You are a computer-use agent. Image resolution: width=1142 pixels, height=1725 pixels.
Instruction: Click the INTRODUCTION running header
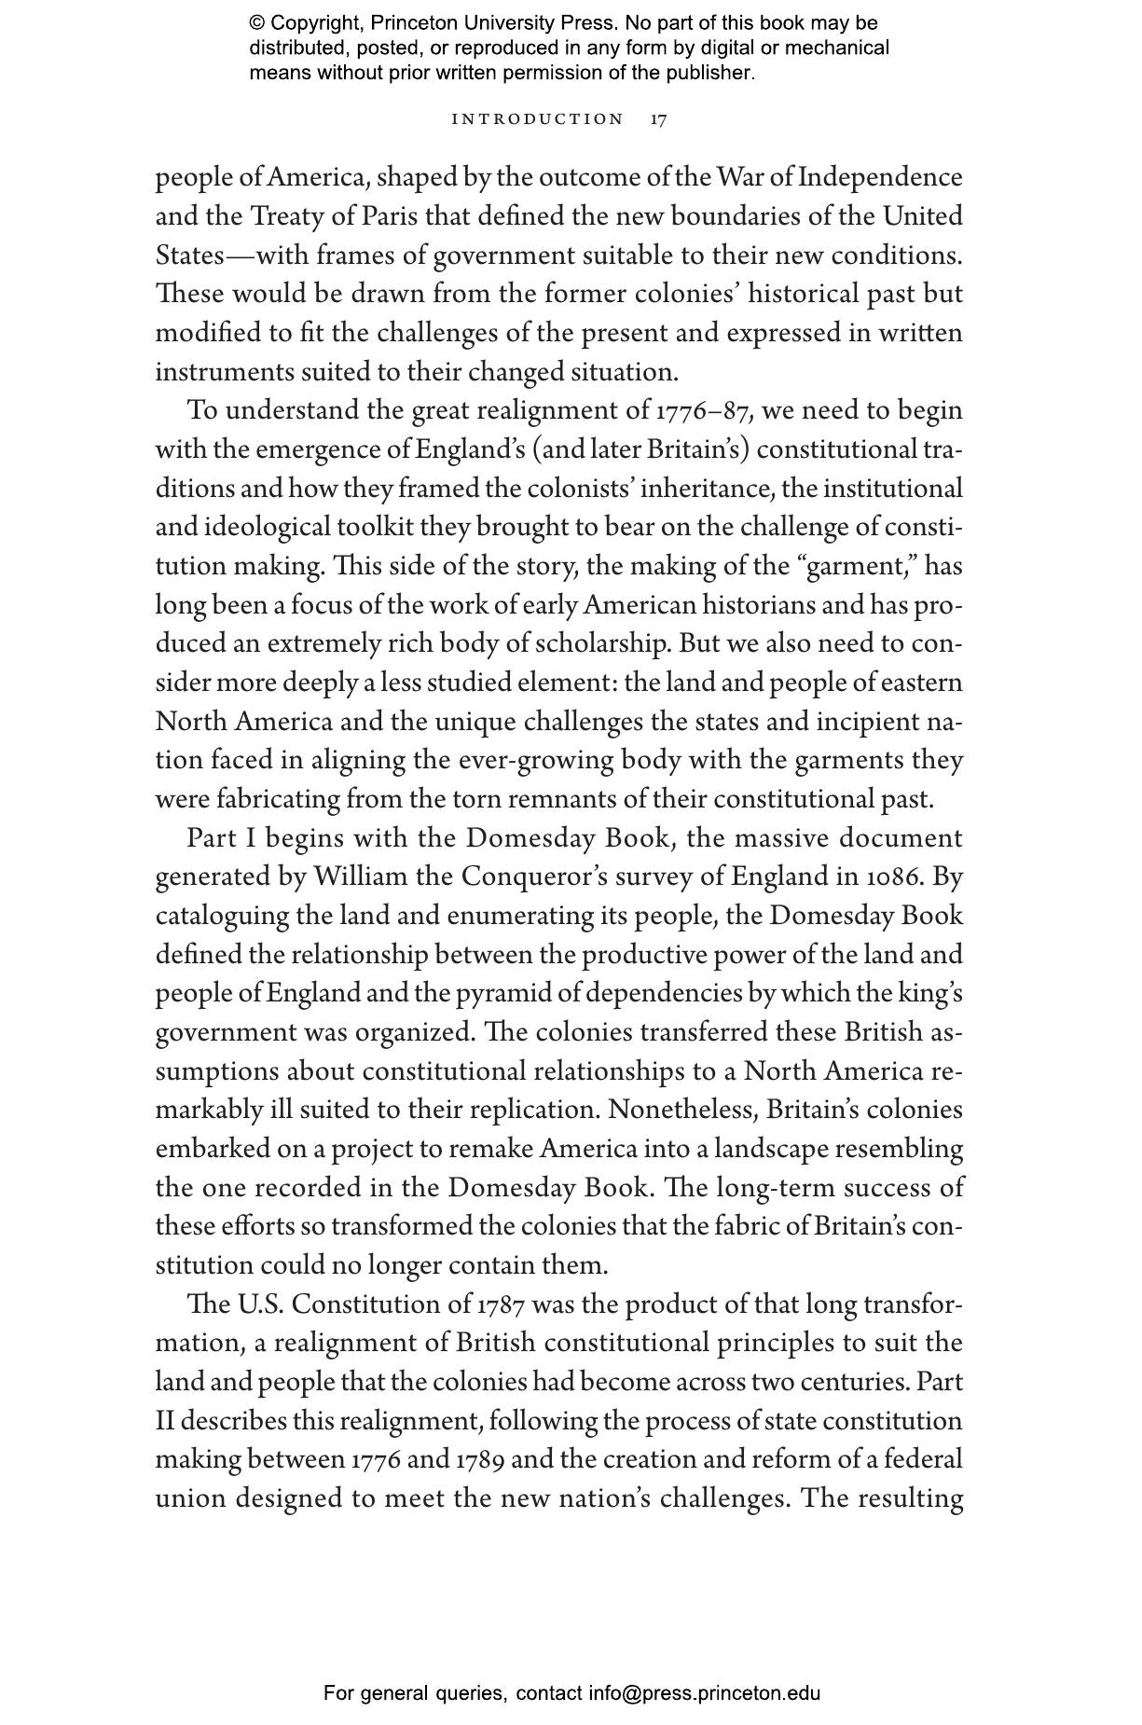click(537, 119)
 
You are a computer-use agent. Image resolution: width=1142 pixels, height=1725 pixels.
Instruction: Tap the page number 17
click(658, 119)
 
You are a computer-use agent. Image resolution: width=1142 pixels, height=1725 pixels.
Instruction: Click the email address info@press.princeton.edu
click(704, 1693)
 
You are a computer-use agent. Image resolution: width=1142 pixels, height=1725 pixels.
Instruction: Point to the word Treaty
click(285, 216)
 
